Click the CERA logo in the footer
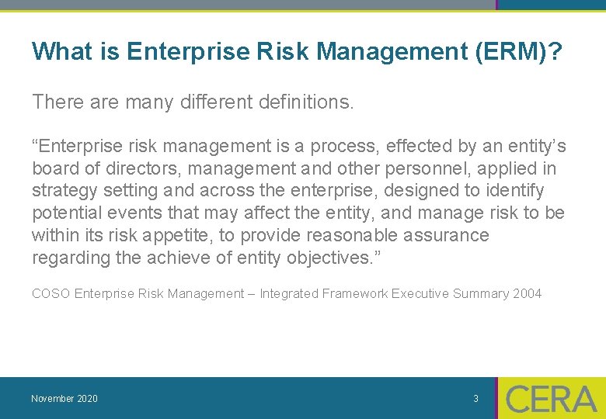551,398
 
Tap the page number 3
475,399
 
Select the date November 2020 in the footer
64,399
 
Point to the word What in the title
59,52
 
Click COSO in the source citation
50,293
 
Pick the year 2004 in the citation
527,293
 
